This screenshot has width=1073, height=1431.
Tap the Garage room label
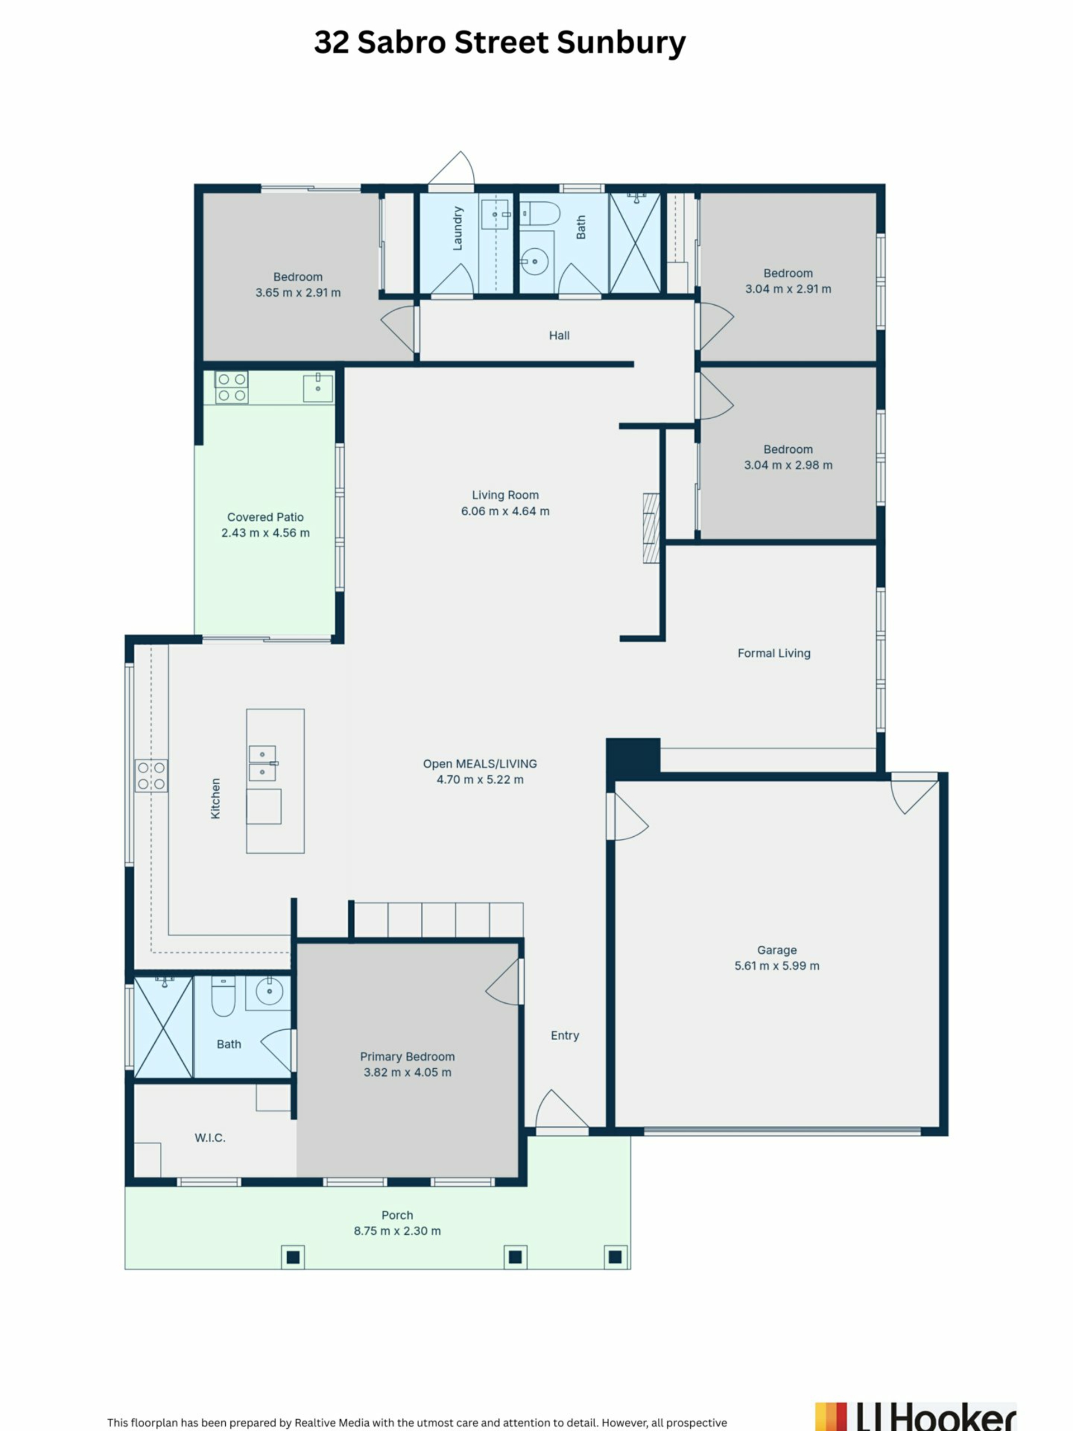[x=777, y=950]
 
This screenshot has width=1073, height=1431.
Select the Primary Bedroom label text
[x=407, y=1056]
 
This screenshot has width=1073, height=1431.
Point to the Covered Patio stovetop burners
[x=231, y=387]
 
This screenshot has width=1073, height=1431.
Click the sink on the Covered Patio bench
[x=318, y=387]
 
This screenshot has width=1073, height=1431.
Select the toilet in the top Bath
[x=539, y=214]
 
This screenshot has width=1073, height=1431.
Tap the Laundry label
[x=458, y=229]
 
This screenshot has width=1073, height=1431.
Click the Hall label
[x=559, y=335]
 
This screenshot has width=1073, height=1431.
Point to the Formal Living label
[x=773, y=653]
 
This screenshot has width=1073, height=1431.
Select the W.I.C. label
[x=210, y=1138]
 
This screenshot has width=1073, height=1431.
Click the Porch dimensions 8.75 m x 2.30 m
[x=397, y=1230]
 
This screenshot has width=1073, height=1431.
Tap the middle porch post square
[x=515, y=1257]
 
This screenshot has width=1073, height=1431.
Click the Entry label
[x=564, y=1035]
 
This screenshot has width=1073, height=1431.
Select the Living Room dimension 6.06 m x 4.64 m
[x=505, y=511]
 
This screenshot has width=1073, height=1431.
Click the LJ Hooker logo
[x=916, y=1417]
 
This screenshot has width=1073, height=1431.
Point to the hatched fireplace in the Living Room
[x=651, y=528]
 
